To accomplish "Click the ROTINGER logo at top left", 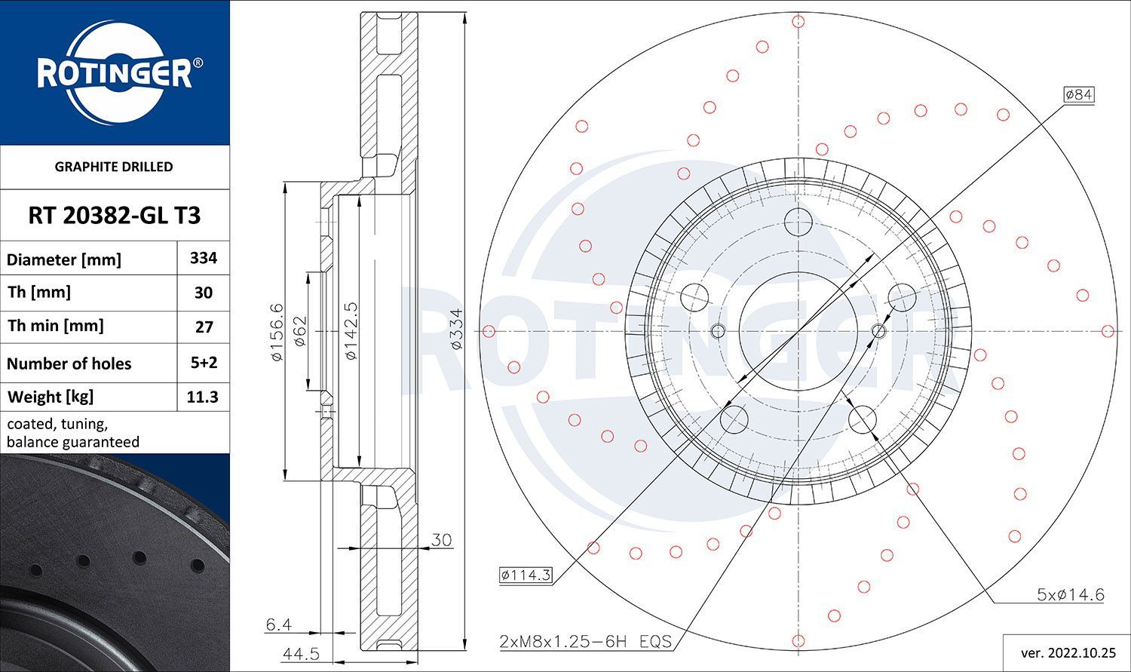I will click(115, 73).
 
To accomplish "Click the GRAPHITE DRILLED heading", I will click(114, 167).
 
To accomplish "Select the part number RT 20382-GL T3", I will click(115, 216).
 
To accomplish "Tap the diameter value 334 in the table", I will click(204, 258).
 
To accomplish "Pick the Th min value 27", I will click(204, 327).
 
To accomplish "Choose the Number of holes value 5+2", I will click(204, 363).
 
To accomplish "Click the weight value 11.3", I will click(203, 397).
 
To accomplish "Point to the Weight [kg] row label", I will click(51, 397).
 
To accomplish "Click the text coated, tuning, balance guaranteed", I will click(73, 433).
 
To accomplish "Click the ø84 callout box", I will click(1078, 94).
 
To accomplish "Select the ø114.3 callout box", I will click(526, 575).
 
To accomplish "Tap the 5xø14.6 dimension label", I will click(1070, 594).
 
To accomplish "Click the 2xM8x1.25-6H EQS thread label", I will click(585, 642).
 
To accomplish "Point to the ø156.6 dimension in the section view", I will click(276, 331).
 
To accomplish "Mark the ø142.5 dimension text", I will click(351, 331).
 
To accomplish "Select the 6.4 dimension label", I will click(278, 624).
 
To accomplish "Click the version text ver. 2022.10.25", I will click(1066, 651).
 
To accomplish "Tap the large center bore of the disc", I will click(798, 331).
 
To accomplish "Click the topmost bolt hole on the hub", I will click(798, 222).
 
